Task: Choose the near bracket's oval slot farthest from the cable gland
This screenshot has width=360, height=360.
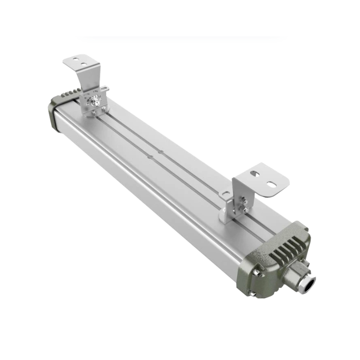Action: click(x=255, y=171)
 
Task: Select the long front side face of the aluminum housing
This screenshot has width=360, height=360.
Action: click(x=148, y=189)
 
